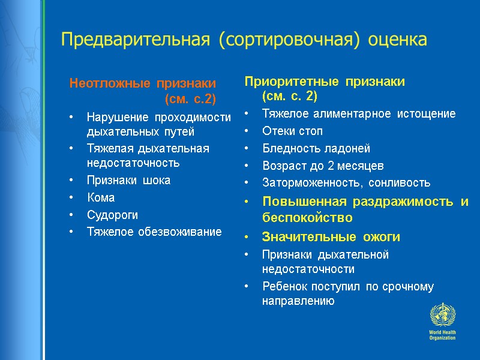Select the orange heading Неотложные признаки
click(143, 83)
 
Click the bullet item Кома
click(100, 197)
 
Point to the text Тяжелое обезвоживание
click(154, 231)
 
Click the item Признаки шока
click(128, 181)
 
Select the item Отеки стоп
click(292, 131)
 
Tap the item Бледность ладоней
click(316, 148)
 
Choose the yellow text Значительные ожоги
click(331, 237)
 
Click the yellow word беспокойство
click(307, 217)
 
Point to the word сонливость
click(400, 182)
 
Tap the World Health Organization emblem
click(443, 315)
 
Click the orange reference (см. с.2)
click(190, 98)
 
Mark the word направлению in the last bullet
click(298, 301)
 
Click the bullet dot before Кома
click(72, 198)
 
